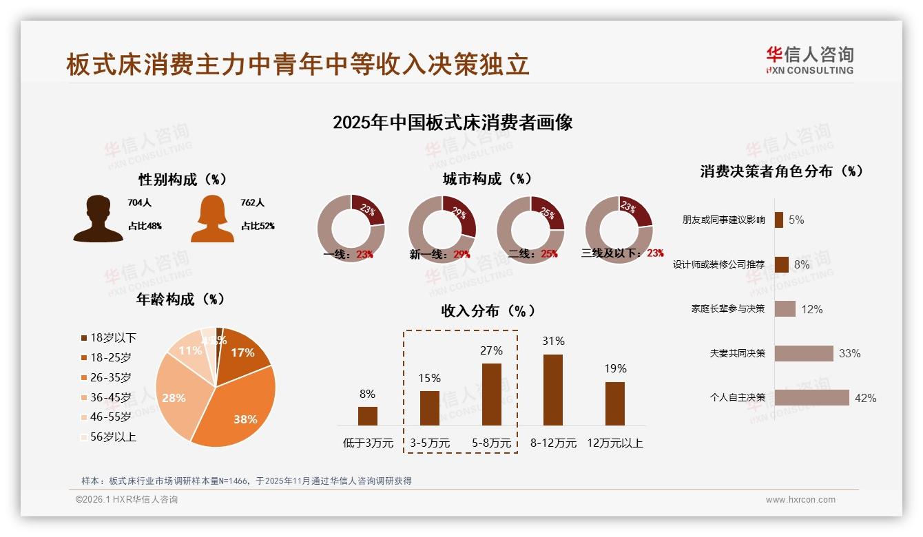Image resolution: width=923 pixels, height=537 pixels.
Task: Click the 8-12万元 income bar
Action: [x=553, y=390]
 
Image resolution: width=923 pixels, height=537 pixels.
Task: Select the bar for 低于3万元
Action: [x=368, y=416]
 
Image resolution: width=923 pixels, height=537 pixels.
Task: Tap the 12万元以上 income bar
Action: [x=615, y=403]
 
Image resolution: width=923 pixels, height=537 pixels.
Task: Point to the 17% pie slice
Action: [x=241, y=350]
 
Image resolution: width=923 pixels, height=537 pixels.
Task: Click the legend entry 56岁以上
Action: [x=108, y=436]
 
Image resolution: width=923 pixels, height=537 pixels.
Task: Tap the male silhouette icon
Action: [x=98, y=219]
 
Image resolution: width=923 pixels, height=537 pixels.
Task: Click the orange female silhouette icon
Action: [x=212, y=219]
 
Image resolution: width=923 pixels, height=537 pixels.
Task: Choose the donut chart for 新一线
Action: [x=442, y=229]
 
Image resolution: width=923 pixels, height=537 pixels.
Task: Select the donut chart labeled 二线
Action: [x=530, y=229]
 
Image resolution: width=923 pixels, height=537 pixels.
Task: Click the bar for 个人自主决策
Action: [x=811, y=398]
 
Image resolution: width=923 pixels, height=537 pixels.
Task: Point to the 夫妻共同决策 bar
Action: [x=804, y=353]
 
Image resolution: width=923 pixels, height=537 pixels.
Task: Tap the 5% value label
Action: [x=796, y=220]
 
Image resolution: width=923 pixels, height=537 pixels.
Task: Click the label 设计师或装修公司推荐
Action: [x=718, y=264]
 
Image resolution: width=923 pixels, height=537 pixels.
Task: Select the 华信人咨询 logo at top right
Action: [x=809, y=60]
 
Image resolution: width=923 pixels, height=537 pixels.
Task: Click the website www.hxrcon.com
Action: [x=800, y=500]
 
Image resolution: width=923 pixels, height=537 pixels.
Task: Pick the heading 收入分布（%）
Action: [x=488, y=310]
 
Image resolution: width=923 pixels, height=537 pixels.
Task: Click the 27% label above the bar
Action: [x=492, y=350]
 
